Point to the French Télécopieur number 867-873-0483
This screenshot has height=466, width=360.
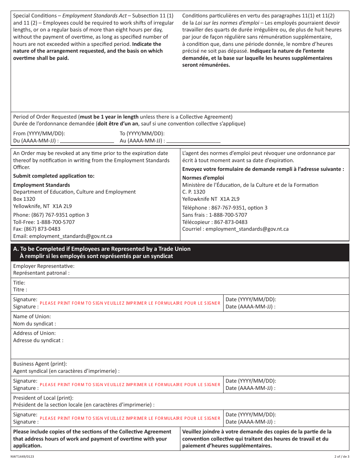231,222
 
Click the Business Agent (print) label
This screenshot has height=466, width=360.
40,364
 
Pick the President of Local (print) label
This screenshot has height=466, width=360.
43,398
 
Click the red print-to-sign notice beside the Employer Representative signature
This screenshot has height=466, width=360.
130,303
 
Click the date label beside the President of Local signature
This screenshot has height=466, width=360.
251,418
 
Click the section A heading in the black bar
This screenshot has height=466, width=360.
102,252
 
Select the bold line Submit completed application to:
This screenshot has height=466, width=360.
54,176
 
